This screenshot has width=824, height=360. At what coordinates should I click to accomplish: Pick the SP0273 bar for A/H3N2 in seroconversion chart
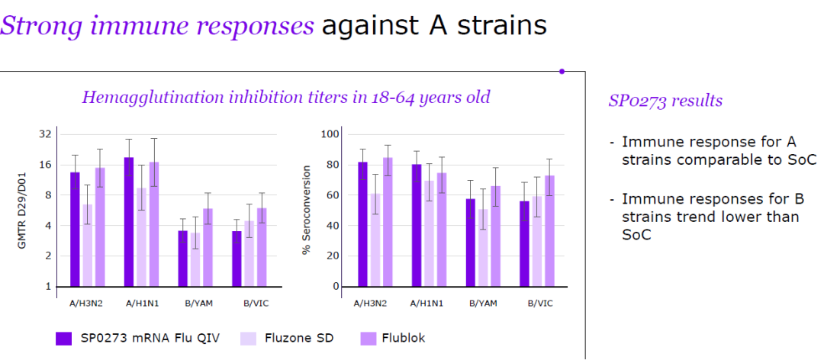362,224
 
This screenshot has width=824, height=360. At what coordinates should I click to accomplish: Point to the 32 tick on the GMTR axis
45,134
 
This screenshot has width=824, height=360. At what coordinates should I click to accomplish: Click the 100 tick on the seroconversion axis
330,134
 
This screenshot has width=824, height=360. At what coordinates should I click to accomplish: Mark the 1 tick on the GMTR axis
48,287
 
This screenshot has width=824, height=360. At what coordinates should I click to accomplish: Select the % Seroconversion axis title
307,211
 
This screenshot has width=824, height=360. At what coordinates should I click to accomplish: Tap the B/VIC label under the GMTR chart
251,303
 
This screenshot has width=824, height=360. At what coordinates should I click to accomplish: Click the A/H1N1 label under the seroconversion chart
426,303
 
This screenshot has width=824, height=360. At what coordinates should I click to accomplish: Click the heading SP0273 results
665,101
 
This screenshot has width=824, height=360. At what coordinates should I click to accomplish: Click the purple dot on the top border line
562,71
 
